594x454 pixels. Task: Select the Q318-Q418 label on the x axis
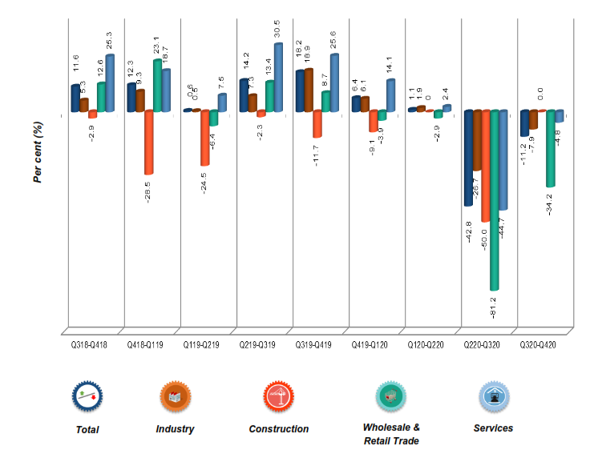pos(90,344)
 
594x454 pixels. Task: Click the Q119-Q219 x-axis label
pos(201,344)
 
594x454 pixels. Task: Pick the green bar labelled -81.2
pos(495,200)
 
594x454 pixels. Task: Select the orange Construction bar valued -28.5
pos(149,142)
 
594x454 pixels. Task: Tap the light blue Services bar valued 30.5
pos(279,77)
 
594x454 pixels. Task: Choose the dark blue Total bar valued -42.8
pos(468,158)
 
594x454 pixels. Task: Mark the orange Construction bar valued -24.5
pos(205,138)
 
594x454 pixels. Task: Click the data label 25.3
pos(110,38)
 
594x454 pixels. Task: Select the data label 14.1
pos(390,63)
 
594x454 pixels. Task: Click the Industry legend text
pos(175,429)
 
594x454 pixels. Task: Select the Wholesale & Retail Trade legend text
pos(391,434)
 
